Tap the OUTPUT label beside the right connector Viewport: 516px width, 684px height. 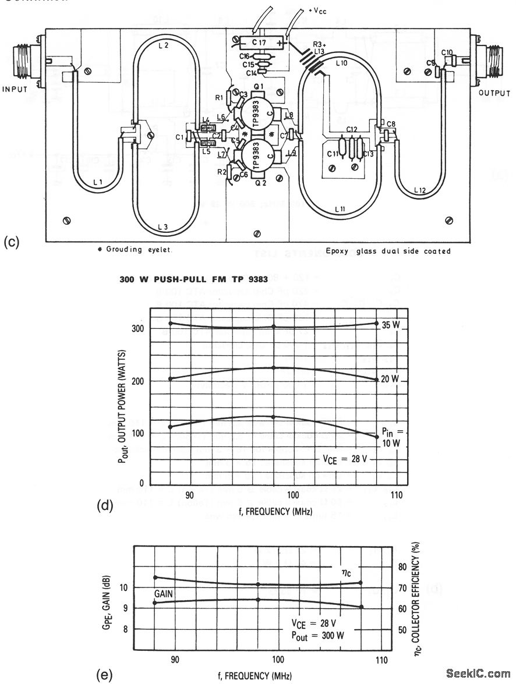click(x=493, y=93)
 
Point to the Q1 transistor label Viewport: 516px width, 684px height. click(x=259, y=87)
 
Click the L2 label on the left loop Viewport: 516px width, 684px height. click(x=162, y=45)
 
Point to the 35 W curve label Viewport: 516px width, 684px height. click(x=391, y=324)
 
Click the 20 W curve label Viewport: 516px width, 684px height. click(x=390, y=380)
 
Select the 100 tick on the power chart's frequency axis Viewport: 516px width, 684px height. click(x=294, y=495)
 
